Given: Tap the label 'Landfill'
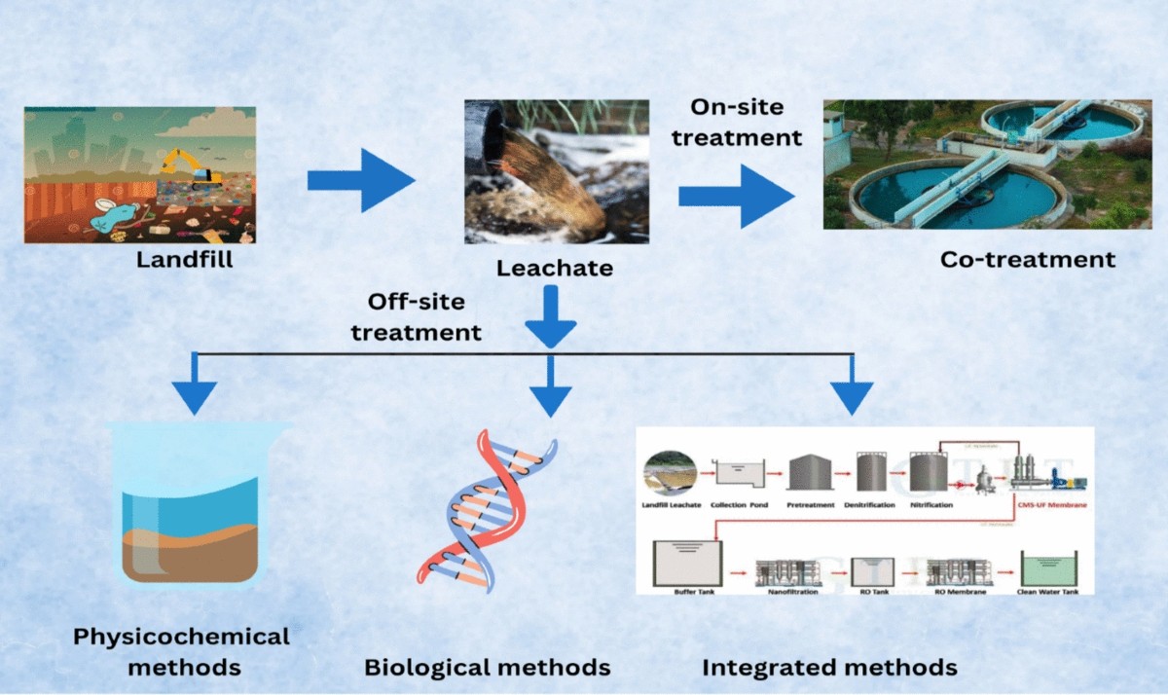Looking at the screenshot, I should point(185,260).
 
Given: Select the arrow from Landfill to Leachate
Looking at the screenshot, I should point(360,181).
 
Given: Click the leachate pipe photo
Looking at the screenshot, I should point(557,171).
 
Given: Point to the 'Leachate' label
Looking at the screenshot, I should point(555,267).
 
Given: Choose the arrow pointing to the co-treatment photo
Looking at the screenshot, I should point(736,196).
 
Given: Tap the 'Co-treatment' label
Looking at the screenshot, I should point(1027,260).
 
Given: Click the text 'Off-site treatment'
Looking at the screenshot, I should point(417,317).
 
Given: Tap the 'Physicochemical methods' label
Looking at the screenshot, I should point(182,652).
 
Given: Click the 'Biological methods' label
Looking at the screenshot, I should point(487,668).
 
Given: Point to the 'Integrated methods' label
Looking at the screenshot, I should point(829,668).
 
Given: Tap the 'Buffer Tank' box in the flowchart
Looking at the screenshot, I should point(690,563).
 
